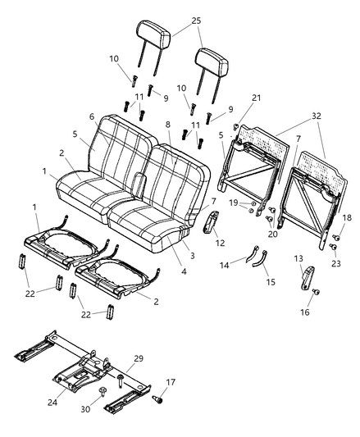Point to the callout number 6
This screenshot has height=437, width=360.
point(91,116)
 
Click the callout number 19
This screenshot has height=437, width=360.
point(233,202)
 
